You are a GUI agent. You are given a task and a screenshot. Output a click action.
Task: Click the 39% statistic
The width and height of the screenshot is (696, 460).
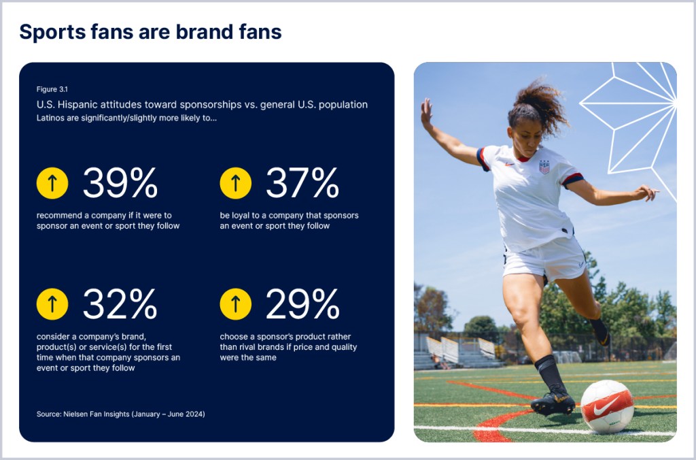click(x=120, y=182)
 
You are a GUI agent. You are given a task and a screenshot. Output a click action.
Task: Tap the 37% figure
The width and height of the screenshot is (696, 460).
click(x=302, y=182)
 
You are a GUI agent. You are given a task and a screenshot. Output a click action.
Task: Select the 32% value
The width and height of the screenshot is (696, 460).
click(x=120, y=304)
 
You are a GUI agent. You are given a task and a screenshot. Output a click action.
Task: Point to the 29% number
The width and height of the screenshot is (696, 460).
click(x=302, y=304)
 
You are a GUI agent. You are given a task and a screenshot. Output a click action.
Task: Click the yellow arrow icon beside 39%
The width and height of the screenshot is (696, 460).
click(x=52, y=183)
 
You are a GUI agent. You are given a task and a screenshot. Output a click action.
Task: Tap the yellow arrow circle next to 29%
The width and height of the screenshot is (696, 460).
click(x=236, y=304)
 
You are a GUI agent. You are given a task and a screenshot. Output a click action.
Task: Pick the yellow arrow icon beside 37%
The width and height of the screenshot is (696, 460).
click(x=236, y=183)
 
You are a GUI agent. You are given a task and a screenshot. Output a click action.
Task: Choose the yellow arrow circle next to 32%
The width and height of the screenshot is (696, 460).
click(x=52, y=304)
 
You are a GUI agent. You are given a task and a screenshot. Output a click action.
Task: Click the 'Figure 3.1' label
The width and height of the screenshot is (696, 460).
click(x=52, y=89)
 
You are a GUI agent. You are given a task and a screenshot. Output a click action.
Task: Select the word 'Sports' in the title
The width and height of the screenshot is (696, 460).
click(x=52, y=33)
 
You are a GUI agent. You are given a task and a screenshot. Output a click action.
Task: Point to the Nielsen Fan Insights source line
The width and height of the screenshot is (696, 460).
click(x=121, y=414)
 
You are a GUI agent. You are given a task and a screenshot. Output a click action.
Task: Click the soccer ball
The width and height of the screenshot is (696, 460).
click(x=607, y=407)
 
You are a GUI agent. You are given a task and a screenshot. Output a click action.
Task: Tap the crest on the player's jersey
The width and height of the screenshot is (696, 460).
click(x=544, y=167)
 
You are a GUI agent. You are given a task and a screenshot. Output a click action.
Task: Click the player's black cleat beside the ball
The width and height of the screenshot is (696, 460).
click(x=553, y=401)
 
